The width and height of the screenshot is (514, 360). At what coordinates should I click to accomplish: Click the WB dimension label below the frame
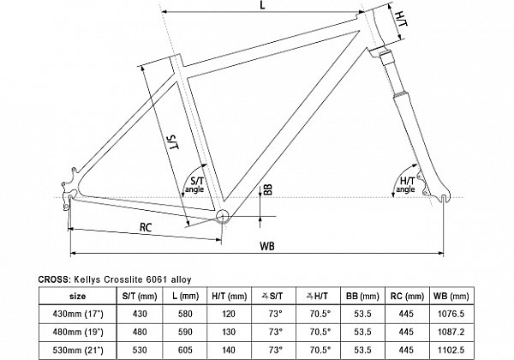[x=267, y=246]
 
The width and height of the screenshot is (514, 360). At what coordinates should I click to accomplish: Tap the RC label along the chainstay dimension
[x=146, y=227]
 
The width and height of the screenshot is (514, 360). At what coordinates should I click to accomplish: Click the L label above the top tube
[x=262, y=6]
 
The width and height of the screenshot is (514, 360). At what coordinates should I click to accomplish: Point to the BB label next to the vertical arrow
[x=268, y=189]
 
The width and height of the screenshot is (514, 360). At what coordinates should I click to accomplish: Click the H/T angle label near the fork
[x=405, y=184]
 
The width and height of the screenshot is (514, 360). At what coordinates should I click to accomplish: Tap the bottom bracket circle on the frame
[x=222, y=215]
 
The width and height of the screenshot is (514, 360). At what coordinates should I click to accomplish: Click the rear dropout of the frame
[x=69, y=189]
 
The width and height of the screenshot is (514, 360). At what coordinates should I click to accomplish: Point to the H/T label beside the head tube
[x=401, y=20]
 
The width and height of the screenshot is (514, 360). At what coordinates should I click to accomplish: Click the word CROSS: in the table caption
[x=54, y=279]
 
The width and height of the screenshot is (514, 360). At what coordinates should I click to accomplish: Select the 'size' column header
[x=78, y=297]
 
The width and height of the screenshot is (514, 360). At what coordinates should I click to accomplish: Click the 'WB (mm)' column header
[x=451, y=297]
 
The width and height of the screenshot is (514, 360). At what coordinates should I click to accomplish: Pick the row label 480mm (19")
[x=78, y=332]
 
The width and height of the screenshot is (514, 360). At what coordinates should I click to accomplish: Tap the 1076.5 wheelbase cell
[x=451, y=314]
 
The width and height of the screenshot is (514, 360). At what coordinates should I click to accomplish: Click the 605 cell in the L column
[x=185, y=351]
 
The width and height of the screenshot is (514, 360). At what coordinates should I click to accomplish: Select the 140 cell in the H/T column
[x=228, y=351]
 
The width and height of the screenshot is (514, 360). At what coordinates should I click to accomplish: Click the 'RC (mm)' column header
[x=407, y=297]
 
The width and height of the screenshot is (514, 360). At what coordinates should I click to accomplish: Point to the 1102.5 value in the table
[x=451, y=351]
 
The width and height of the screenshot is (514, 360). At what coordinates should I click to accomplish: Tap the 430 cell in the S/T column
[x=140, y=314]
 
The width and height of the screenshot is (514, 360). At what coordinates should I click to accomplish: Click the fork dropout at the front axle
[x=443, y=196]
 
